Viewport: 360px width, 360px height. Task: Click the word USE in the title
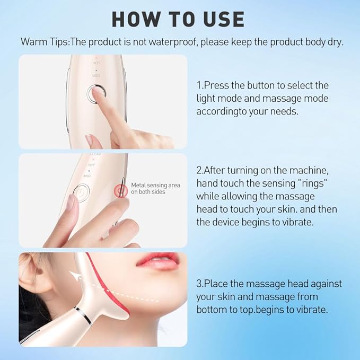tap(221, 19)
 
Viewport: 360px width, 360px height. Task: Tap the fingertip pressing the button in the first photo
tap(99, 93)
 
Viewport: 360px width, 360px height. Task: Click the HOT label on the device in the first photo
tap(96, 63)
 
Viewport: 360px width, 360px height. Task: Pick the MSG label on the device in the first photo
tap(96, 76)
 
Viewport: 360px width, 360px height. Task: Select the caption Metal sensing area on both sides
tap(155, 188)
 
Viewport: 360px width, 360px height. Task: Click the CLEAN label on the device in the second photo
tap(95, 154)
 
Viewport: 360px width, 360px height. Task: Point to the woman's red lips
tap(157, 261)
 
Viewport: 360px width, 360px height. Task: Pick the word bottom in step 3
tap(211, 309)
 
